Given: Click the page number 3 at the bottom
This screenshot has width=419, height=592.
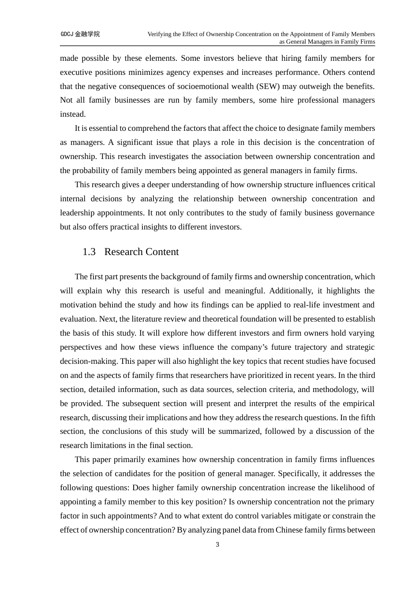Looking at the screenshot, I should (x=217, y=545).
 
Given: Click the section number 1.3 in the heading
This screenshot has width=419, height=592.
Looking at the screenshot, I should (x=89, y=252).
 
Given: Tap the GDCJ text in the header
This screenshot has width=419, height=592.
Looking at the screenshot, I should (x=67, y=34).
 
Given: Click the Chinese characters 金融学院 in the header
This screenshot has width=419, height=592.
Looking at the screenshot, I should (x=87, y=34).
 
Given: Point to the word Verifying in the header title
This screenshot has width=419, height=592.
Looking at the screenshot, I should (x=160, y=34).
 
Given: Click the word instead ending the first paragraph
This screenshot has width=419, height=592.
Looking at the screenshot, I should (x=72, y=115).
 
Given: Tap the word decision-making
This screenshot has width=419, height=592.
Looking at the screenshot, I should (x=89, y=361).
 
